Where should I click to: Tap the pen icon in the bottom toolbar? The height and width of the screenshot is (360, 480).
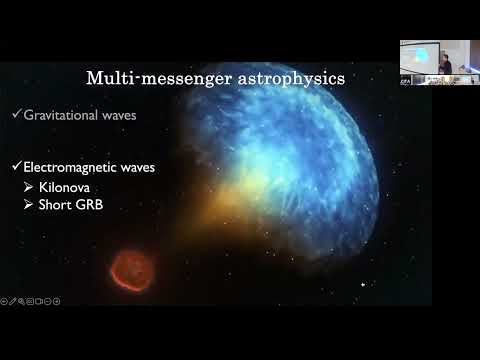point(13,301)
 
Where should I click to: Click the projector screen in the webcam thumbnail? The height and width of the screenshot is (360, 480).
point(418,56)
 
